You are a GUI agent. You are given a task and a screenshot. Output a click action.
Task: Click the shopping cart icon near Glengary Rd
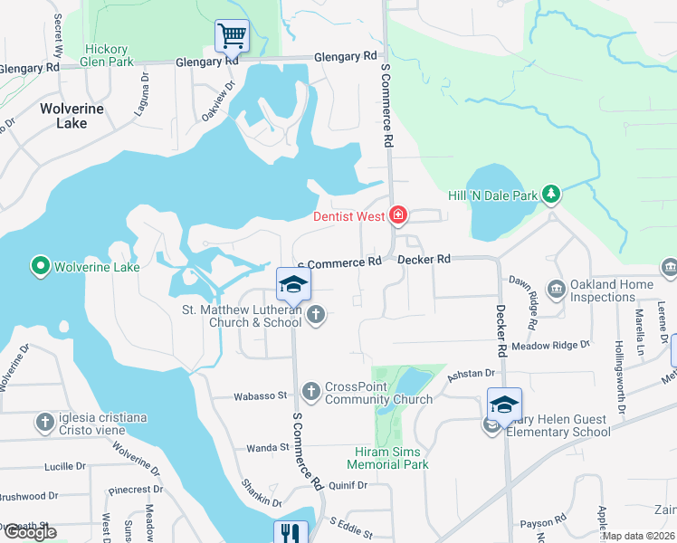point(232,36)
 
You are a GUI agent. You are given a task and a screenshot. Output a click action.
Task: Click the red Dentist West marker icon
point(397,215)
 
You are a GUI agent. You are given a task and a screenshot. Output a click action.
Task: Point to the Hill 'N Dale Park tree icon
point(550,194)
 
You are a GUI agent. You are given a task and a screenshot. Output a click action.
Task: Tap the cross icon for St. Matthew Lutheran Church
point(315,315)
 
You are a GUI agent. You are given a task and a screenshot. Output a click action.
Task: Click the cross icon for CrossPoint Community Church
point(310,392)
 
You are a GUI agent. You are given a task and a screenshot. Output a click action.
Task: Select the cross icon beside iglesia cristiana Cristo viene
point(45,422)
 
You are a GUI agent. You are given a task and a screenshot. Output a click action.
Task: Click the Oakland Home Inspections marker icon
point(555,290)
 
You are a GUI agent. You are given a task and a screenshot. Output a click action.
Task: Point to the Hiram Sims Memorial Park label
point(390,458)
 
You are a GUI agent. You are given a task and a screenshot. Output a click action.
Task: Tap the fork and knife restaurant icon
point(290,533)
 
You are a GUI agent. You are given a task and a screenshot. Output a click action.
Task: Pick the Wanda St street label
point(267,447)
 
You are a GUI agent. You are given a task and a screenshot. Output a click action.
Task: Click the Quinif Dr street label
point(348,485)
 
